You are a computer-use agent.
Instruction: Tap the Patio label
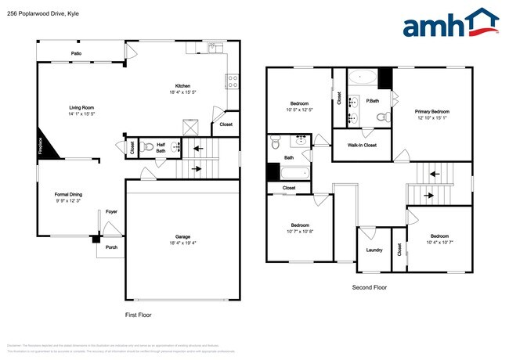coord(76,53)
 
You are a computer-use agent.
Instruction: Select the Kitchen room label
coord(183,86)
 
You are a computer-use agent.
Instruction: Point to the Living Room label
coord(81,107)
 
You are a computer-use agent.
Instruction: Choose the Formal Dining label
coord(68,194)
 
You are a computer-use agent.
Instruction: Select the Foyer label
coord(112,211)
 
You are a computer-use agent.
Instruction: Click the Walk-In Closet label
coord(361,146)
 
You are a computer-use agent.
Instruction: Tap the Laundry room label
coord(374,250)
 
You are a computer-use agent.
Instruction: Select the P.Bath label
coord(374,101)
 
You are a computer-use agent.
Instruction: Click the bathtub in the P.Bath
coord(361,77)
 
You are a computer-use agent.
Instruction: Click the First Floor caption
coord(139,315)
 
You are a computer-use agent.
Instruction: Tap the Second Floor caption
coord(369,287)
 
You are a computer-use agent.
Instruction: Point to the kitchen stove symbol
coord(232,79)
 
